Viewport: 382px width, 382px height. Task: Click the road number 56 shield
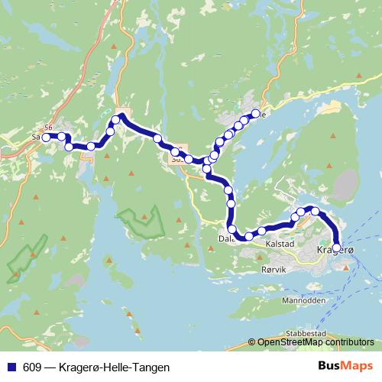pos(49,127)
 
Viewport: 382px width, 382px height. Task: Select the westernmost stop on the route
pos(46,138)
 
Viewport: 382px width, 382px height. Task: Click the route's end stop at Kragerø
pos(337,247)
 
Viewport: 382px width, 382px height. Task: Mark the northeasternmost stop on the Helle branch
pos(255,114)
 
